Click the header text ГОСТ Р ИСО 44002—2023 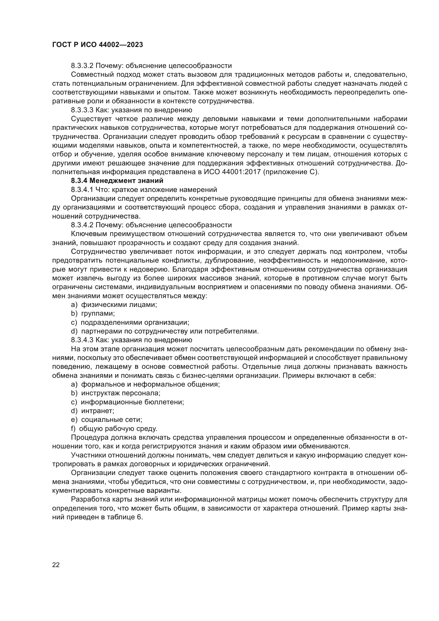click(97, 45)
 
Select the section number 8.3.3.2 click(82, 66)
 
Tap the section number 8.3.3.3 click(82, 110)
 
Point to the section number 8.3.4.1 click(82, 189)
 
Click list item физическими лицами click(119, 305)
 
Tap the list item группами click(98, 314)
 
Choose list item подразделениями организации click(135, 322)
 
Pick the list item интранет click(98, 411)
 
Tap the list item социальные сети click(112, 419)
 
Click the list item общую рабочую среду click(118, 429)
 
